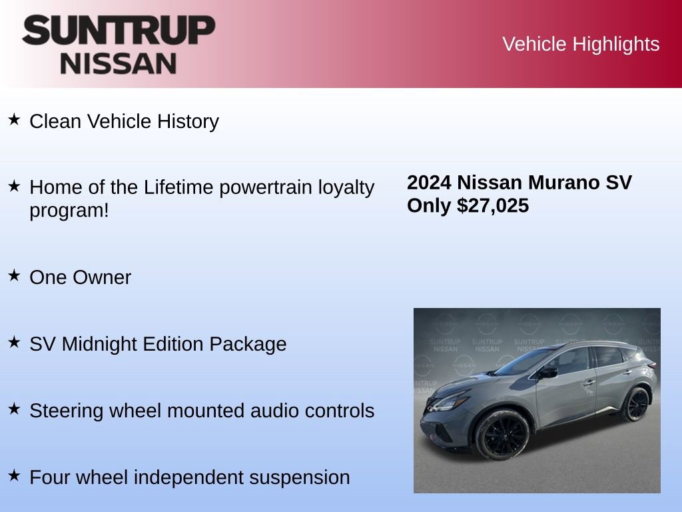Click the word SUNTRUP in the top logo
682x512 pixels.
(x=119, y=31)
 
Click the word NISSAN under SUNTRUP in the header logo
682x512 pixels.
(x=119, y=63)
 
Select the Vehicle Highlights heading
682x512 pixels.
(x=581, y=44)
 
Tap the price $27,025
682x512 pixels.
(x=493, y=205)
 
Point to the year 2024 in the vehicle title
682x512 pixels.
(x=429, y=182)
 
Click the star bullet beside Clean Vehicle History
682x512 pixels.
(x=14, y=120)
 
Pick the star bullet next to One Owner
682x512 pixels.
(x=14, y=276)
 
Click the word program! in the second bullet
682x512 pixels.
(x=69, y=211)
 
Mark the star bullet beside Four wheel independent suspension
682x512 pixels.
(x=14, y=476)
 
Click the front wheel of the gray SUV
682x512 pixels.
(x=501, y=434)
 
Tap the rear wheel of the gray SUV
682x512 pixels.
(x=636, y=405)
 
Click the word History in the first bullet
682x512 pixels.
(x=188, y=121)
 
